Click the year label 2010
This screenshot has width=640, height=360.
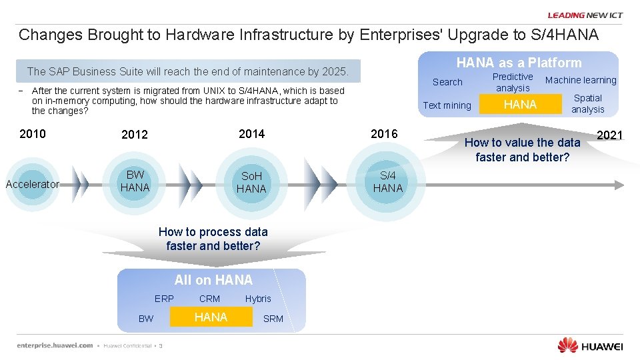point(33,134)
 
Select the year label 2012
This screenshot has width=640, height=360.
point(135,135)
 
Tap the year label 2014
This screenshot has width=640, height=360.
point(251,134)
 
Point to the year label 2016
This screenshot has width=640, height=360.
point(384,134)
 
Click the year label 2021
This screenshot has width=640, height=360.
point(609,135)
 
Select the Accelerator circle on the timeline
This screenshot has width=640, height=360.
point(33,184)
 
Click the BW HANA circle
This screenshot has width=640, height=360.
point(135,182)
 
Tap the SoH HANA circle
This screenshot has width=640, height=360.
point(251,183)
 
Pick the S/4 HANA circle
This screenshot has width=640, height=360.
point(387,183)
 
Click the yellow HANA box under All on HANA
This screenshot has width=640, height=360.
point(211,317)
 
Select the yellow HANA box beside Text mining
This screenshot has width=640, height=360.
point(520,105)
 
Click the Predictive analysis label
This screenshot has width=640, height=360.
point(513,82)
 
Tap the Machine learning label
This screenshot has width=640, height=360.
point(581,80)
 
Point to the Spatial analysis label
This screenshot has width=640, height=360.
point(587,103)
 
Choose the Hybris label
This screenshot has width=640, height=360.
point(258,299)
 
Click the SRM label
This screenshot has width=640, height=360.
point(273,319)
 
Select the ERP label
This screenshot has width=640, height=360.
point(164,299)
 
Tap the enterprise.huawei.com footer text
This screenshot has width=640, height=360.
point(55,345)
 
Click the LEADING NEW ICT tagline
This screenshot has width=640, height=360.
point(585,15)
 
